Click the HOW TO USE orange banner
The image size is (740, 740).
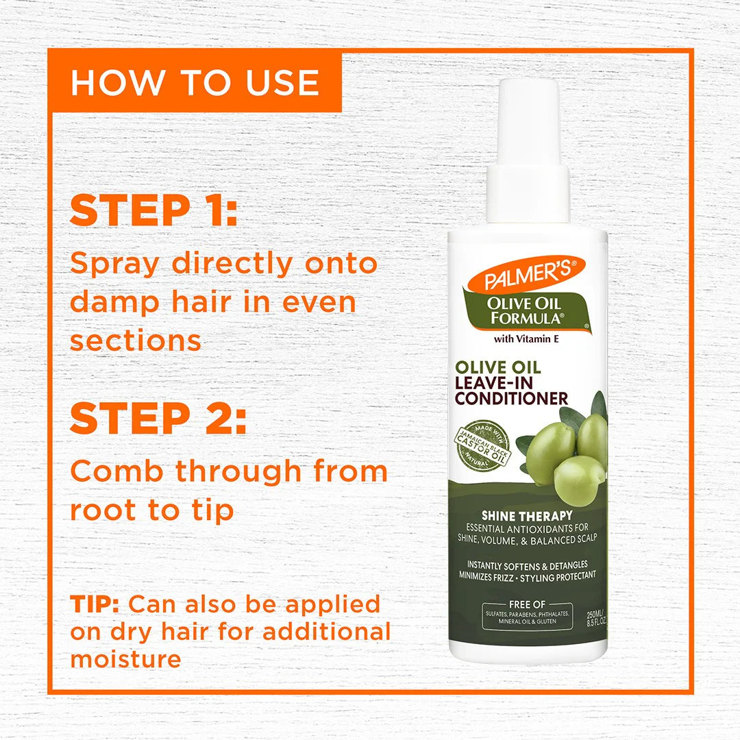pos(195,83)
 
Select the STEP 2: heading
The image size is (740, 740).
pos(158,419)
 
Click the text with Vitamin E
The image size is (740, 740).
pos(527,337)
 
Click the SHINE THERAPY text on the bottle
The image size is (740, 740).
pos(526,515)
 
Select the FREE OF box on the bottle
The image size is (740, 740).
pos(526,615)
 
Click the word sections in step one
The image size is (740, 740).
pos(136,341)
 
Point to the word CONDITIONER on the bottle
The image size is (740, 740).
pos(511,398)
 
